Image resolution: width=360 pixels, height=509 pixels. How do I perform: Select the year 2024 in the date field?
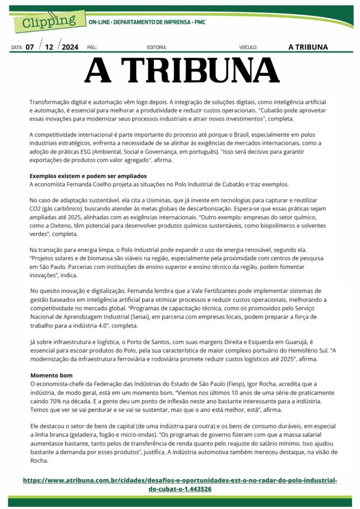[x=71, y=47]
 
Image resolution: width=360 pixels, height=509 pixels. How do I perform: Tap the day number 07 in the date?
[x=30, y=47]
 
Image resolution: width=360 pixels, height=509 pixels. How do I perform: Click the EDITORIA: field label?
[x=157, y=48]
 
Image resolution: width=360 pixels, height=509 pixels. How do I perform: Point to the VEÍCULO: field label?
[x=248, y=48]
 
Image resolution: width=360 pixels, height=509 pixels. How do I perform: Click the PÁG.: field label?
[x=92, y=48]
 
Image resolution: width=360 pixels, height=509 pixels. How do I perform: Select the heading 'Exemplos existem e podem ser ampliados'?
[x=88, y=176]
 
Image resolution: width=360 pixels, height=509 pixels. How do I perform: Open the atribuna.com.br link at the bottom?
[x=180, y=485]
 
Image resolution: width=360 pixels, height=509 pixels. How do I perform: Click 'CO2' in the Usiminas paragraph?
[x=36, y=208]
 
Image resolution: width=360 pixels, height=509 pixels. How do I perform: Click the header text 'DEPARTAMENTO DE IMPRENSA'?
[x=152, y=22]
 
